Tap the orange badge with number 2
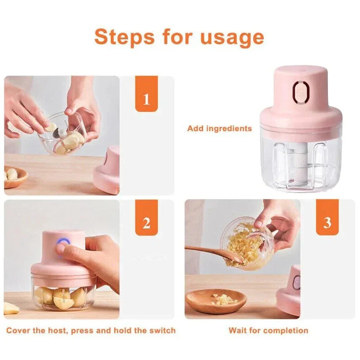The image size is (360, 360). (x=146, y=223)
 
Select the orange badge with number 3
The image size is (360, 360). (x=327, y=223)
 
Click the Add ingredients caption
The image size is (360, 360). (x=219, y=128)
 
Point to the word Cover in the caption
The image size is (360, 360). (x=19, y=331)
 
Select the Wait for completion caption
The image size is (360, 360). (x=268, y=331)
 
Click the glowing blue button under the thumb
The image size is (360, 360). (x=62, y=248)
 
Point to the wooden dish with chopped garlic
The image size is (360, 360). (x=216, y=301)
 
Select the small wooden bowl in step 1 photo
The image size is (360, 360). (x=14, y=177)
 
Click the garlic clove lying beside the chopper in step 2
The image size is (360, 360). (x=11, y=308)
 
